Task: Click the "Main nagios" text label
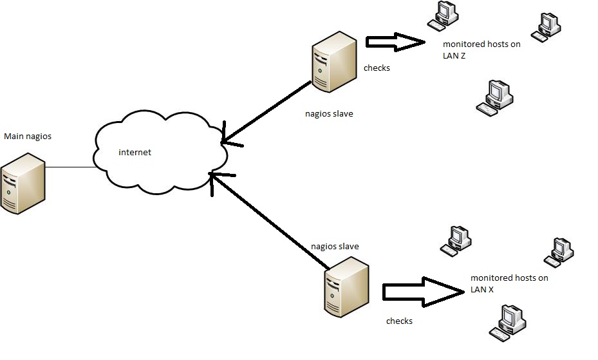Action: coord(28,137)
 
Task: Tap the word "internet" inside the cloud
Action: coord(135,153)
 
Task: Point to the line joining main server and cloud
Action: coord(70,167)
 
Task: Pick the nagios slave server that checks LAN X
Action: coord(346,287)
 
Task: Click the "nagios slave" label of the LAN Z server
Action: coord(329,114)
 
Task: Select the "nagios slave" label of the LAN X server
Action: coord(335,247)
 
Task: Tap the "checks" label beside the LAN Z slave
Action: coord(377,68)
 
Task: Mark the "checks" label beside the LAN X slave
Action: coord(399,321)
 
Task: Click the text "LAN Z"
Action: coord(454,55)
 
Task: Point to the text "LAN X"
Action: coord(482,290)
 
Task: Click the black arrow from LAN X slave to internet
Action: coord(267,218)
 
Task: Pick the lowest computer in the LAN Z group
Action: coord(495,98)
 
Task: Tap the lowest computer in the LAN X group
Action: coord(508,322)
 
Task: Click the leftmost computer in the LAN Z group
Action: coord(443,15)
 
